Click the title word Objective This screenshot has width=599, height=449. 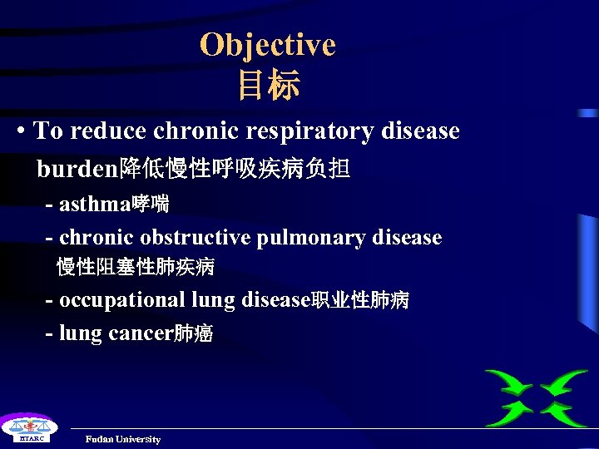coord(267,45)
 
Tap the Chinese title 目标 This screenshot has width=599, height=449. coord(268,86)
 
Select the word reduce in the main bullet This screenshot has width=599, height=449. coord(111,131)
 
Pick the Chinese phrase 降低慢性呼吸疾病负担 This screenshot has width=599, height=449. coord(235,170)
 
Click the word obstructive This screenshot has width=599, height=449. coord(196,238)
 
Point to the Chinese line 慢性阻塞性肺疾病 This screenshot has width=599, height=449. coord(136,267)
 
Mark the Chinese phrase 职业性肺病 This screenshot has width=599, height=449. coord(359,300)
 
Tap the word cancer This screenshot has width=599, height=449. coord(140,334)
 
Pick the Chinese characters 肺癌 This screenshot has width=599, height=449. coord(193,334)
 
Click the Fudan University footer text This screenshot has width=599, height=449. coord(123,439)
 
